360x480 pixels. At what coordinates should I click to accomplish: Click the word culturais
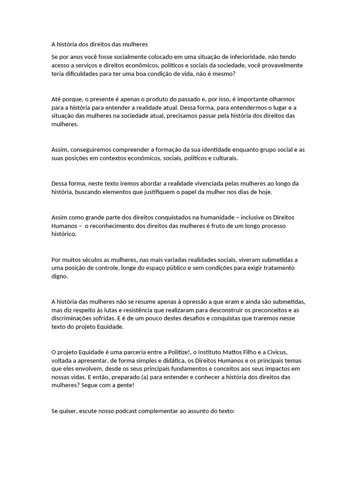[224, 158]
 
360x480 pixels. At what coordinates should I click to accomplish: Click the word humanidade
[209, 217]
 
